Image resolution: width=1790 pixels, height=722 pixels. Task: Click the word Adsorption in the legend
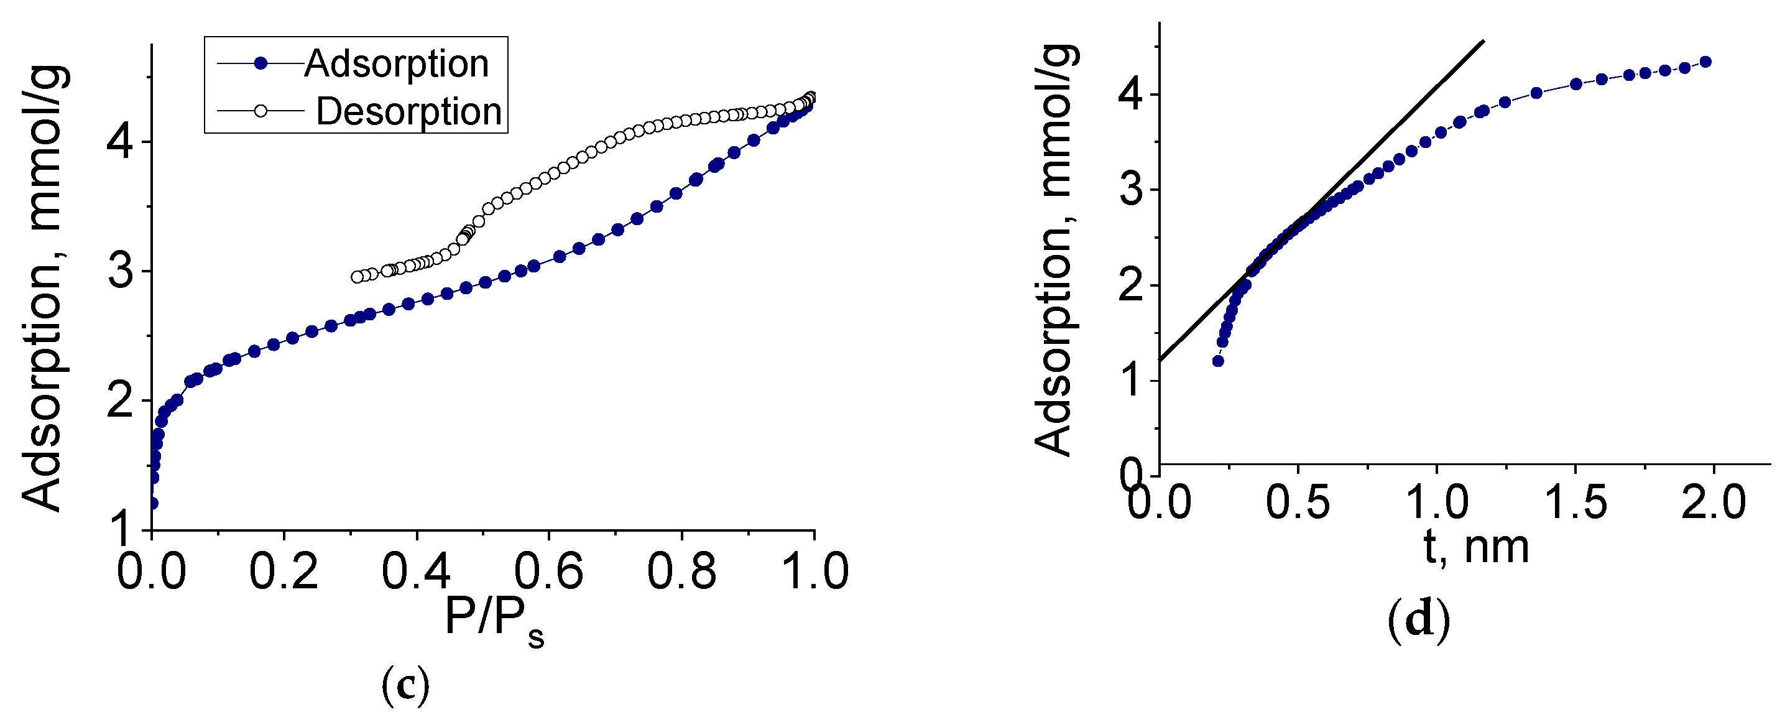pyautogui.click(x=396, y=64)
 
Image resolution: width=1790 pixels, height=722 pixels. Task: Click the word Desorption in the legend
pyautogui.click(x=408, y=111)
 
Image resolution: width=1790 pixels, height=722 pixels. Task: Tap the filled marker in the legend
pyautogui.click(x=261, y=64)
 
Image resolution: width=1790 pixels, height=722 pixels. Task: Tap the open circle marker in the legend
pyautogui.click(x=261, y=111)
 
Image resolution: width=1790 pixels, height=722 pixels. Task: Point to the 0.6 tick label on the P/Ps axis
pyautogui.click(x=548, y=572)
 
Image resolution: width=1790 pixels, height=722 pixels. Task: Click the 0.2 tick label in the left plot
pyautogui.click(x=284, y=572)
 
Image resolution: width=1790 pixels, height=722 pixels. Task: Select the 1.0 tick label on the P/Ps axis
pyautogui.click(x=814, y=572)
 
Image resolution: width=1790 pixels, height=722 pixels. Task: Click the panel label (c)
pyautogui.click(x=406, y=685)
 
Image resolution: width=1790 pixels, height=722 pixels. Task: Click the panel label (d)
pyautogui.click(x=1418, y=621)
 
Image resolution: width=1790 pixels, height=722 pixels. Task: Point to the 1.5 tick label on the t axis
pyautogui.click(x=1575, y=502)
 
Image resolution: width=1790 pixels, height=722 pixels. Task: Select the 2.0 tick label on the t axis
pyautogui.click(x=1714, y=502)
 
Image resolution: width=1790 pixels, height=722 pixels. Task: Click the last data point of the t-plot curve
pyautogui.click(x=1705, y=62)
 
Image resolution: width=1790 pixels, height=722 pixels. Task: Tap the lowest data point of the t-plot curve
pyautogui.click(x=1217, y=361)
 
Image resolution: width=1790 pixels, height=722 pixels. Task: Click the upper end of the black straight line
pyautogui.click(x=1483, y=41)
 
